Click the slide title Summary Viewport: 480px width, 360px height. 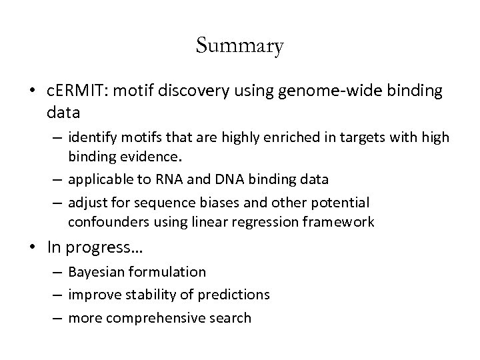(x=240, y=47)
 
